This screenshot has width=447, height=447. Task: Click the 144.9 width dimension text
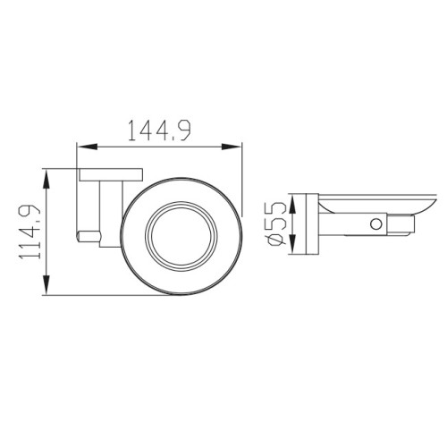pyautogui.click(x=159, y=131)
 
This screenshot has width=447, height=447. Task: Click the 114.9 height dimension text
pyautogui.click(x=30, y=232)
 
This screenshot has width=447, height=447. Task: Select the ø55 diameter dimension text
pyautogui.click(x=277, y=223)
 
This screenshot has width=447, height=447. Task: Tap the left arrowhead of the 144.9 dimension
pyautogui.click(x=88, y=147)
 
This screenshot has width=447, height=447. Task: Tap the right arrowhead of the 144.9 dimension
pyautogui.click(x=232, y=147)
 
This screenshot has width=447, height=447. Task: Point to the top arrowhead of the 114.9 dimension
pyautogui.click(x=46, y=179)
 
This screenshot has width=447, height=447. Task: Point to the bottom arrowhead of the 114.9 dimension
pyautogui.click(x=46, y=285)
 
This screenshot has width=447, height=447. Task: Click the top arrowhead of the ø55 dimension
pyautogui.click(x=293, y=204)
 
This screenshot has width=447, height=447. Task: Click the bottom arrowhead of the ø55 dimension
pyautogui.click(x=293, y=245)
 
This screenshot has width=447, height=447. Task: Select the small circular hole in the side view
pyautogui.click(x=376, y=223)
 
